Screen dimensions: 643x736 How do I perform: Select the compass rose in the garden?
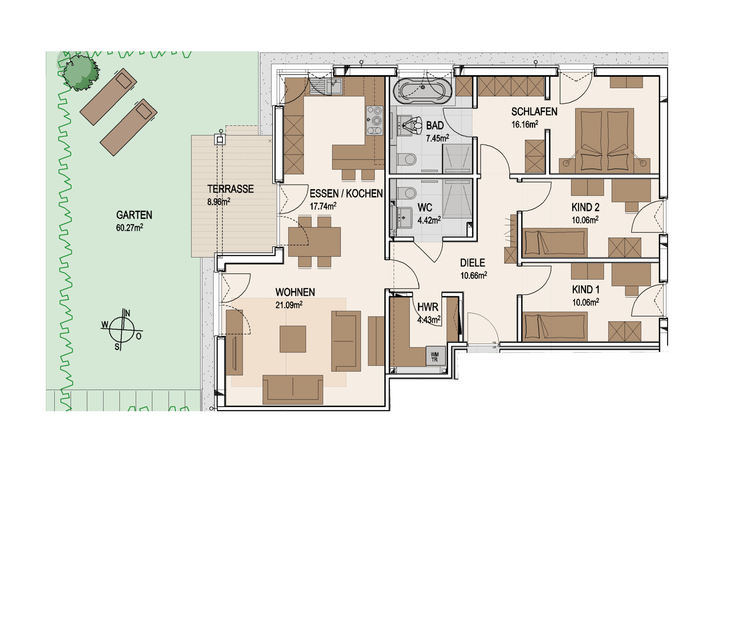coord(122,329)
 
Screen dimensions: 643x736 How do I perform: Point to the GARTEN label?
coord(134,215)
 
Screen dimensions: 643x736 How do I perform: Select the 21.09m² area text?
coord(289,305)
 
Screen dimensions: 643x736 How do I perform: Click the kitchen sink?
coord(333,86)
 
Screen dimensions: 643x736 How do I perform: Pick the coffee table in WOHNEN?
coord(293,339)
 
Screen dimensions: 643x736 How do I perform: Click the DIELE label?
coord(472,263)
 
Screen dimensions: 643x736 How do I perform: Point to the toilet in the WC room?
coord(407,193)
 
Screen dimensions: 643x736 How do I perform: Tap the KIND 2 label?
coord(585,207)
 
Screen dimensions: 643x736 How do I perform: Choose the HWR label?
coord(428,307)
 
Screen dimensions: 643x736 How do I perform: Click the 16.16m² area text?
coord(524,124)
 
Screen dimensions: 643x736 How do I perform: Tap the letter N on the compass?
coord(127,313)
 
